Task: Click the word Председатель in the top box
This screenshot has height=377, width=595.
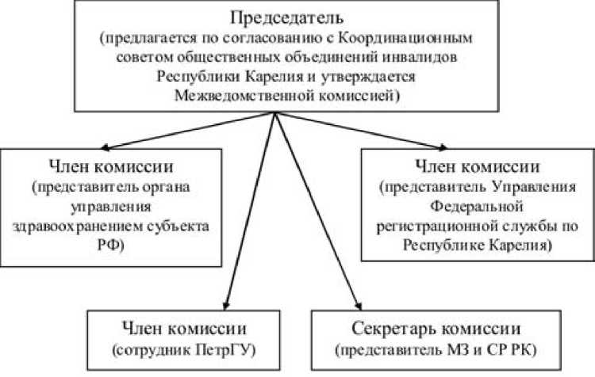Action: [275, 17]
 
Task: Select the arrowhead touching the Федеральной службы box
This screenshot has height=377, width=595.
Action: [443, 146]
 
